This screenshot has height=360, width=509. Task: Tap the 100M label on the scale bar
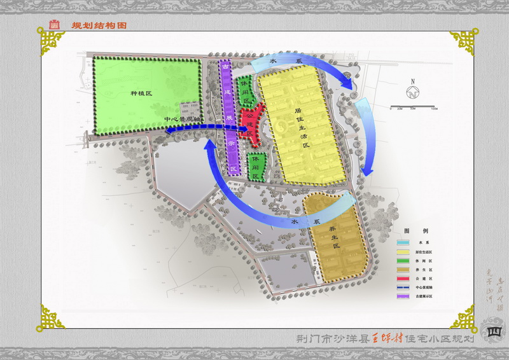[433, 110]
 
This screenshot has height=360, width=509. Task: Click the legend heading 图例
[421, 230]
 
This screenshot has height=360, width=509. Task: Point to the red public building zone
[253, 123]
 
